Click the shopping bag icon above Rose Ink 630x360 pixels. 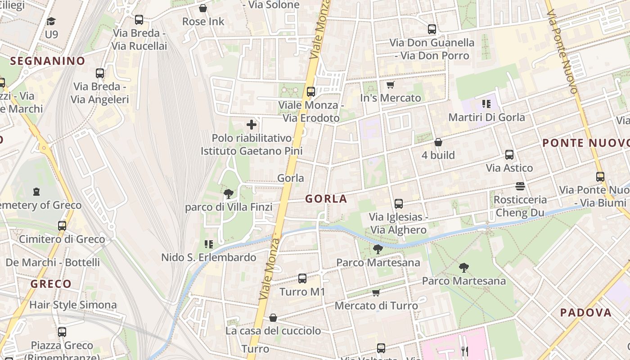point(203,8)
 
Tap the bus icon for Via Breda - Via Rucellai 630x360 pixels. point(139,20)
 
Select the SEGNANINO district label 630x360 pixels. point(48,61)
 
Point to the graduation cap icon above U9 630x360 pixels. point(51,21)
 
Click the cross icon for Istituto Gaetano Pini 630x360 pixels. point(252,125)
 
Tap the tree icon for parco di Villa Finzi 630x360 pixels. point(229,194)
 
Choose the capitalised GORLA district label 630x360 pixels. point(326,199)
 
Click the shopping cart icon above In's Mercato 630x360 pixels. point(390,85)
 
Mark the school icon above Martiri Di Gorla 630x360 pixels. point(486,104)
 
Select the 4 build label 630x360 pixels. point(438,155)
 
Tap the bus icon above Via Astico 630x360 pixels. point(509,155)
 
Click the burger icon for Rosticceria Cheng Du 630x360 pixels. point(520,186)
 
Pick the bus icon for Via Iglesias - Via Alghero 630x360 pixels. point(398,204)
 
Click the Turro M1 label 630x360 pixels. point(302,292)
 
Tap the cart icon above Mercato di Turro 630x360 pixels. point(376,293)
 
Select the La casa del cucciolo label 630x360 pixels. point(273,331)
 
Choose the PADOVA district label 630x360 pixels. point(586,312)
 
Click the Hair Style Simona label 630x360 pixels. point(73,305)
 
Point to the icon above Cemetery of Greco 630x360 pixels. point(36,192)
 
